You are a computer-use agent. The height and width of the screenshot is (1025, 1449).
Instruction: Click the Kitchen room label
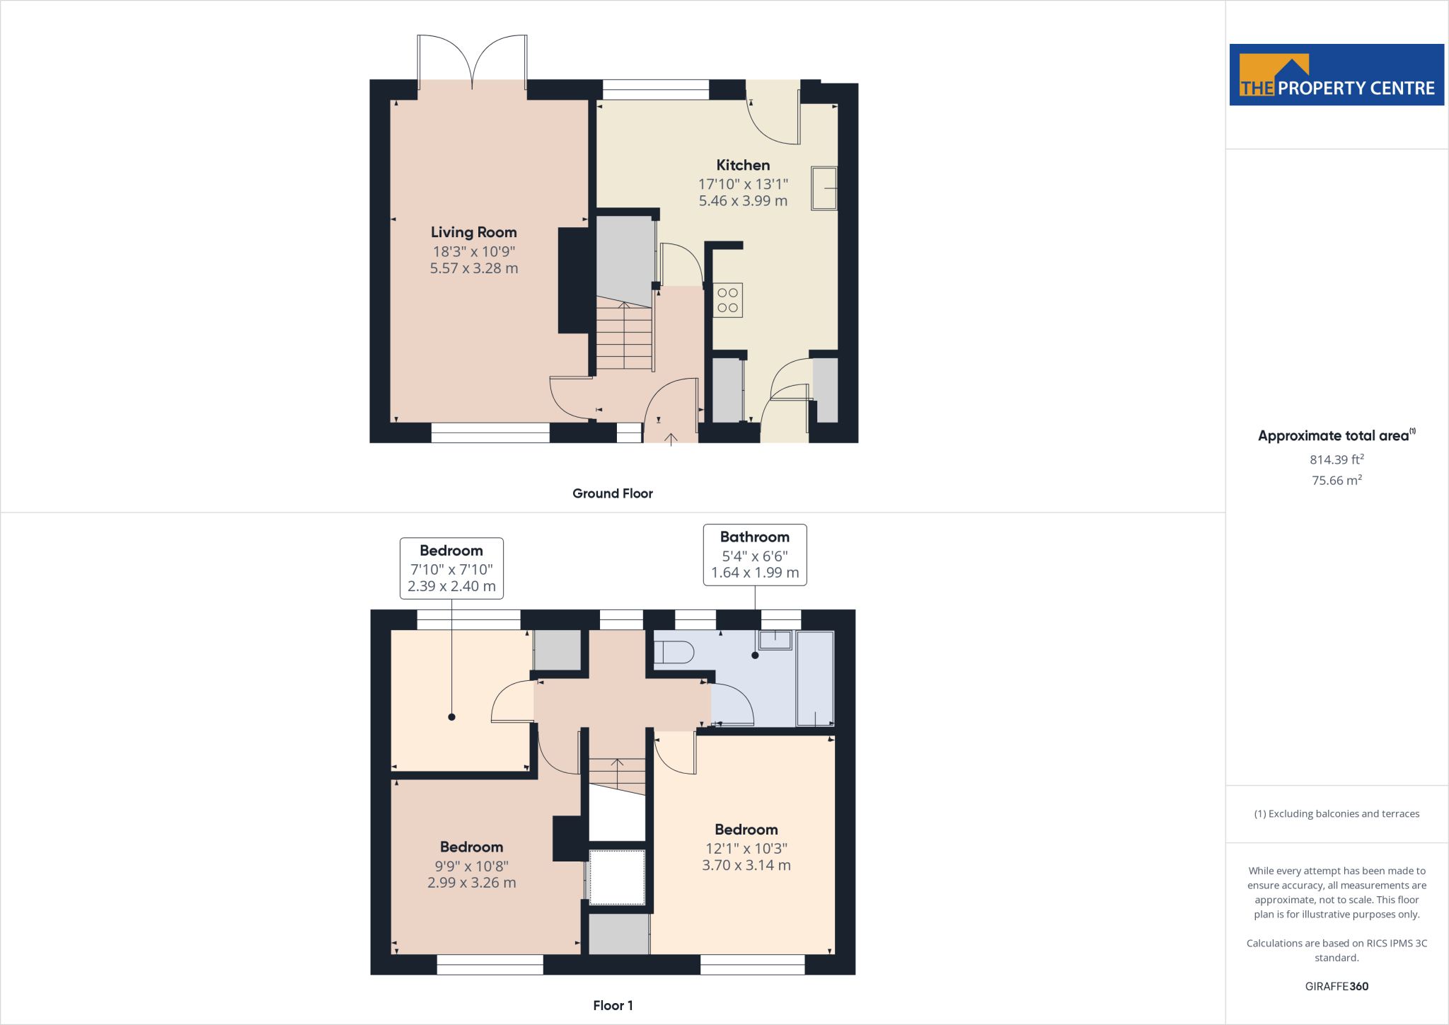(743, 166)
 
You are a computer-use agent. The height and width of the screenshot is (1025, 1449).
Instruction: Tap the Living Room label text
(473, 233)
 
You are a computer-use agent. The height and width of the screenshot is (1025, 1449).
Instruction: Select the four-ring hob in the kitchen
(727, 300)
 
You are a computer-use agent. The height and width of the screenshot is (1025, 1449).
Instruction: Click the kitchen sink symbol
(824, 188)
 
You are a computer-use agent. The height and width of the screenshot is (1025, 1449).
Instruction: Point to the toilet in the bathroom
(673, 652)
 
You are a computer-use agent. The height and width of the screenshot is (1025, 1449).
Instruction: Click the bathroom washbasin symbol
(775, 640)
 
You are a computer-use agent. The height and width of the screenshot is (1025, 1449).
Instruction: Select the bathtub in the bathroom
(815, 678)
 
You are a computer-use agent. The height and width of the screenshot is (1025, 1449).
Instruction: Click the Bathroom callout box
(754, 555)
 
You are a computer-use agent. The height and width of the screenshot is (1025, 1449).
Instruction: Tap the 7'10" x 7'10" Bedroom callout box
(451, 568)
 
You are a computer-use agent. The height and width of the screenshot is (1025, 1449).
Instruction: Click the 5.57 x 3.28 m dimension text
(474, 269)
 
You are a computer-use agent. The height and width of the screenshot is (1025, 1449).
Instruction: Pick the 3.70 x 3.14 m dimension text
(746, 866)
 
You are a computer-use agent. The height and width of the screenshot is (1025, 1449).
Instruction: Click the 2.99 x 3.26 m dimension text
(471, 883)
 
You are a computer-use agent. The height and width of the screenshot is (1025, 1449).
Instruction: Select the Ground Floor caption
(612, 494)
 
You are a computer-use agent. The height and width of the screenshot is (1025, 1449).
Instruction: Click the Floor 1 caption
(613, 1006)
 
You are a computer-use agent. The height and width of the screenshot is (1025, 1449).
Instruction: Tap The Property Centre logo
(1337, 75)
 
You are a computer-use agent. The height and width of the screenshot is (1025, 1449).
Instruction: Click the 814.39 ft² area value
(1337, 460)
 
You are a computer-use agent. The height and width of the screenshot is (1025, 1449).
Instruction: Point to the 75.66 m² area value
(1337, 481)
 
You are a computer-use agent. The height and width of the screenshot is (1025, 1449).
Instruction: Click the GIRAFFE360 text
(1337, 987)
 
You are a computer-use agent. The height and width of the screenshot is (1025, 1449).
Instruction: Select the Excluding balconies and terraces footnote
(1337, 814)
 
